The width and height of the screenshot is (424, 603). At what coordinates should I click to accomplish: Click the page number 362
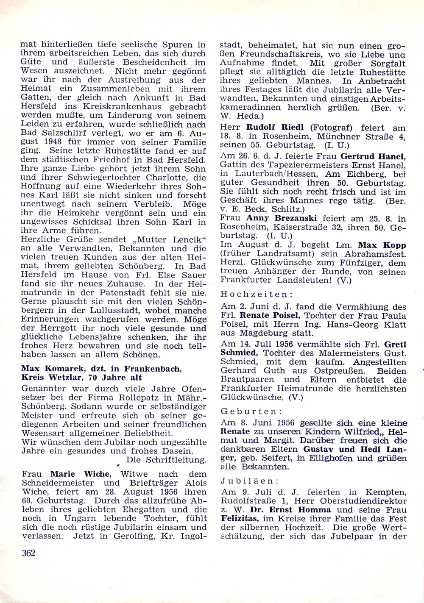[28, 553]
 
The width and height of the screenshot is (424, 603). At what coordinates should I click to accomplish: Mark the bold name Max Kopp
[382, 245]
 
